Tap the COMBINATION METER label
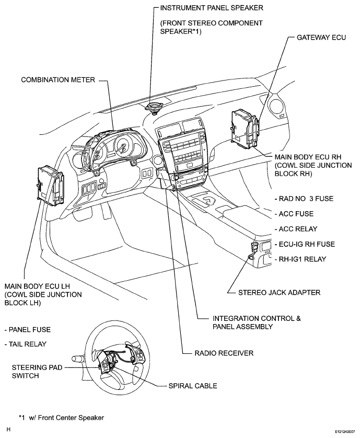pos(57,80)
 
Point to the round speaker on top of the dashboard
pos(154,108)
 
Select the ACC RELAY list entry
pos(295,229)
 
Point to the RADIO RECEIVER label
pos(224,353)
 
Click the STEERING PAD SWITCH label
pos(33,372)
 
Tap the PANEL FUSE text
pos(27,330)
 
